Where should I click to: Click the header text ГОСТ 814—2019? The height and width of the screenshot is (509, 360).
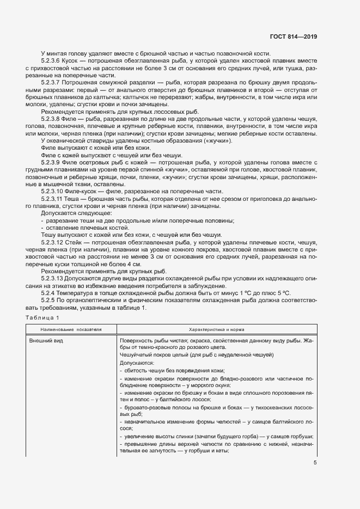click(x=293, y=38)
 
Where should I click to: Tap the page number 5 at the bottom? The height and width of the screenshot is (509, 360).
click(x=315, y=463)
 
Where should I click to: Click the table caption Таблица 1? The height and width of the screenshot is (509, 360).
click(x=41, y=317)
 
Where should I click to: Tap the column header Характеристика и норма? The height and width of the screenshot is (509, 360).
click(x=216, y=329)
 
